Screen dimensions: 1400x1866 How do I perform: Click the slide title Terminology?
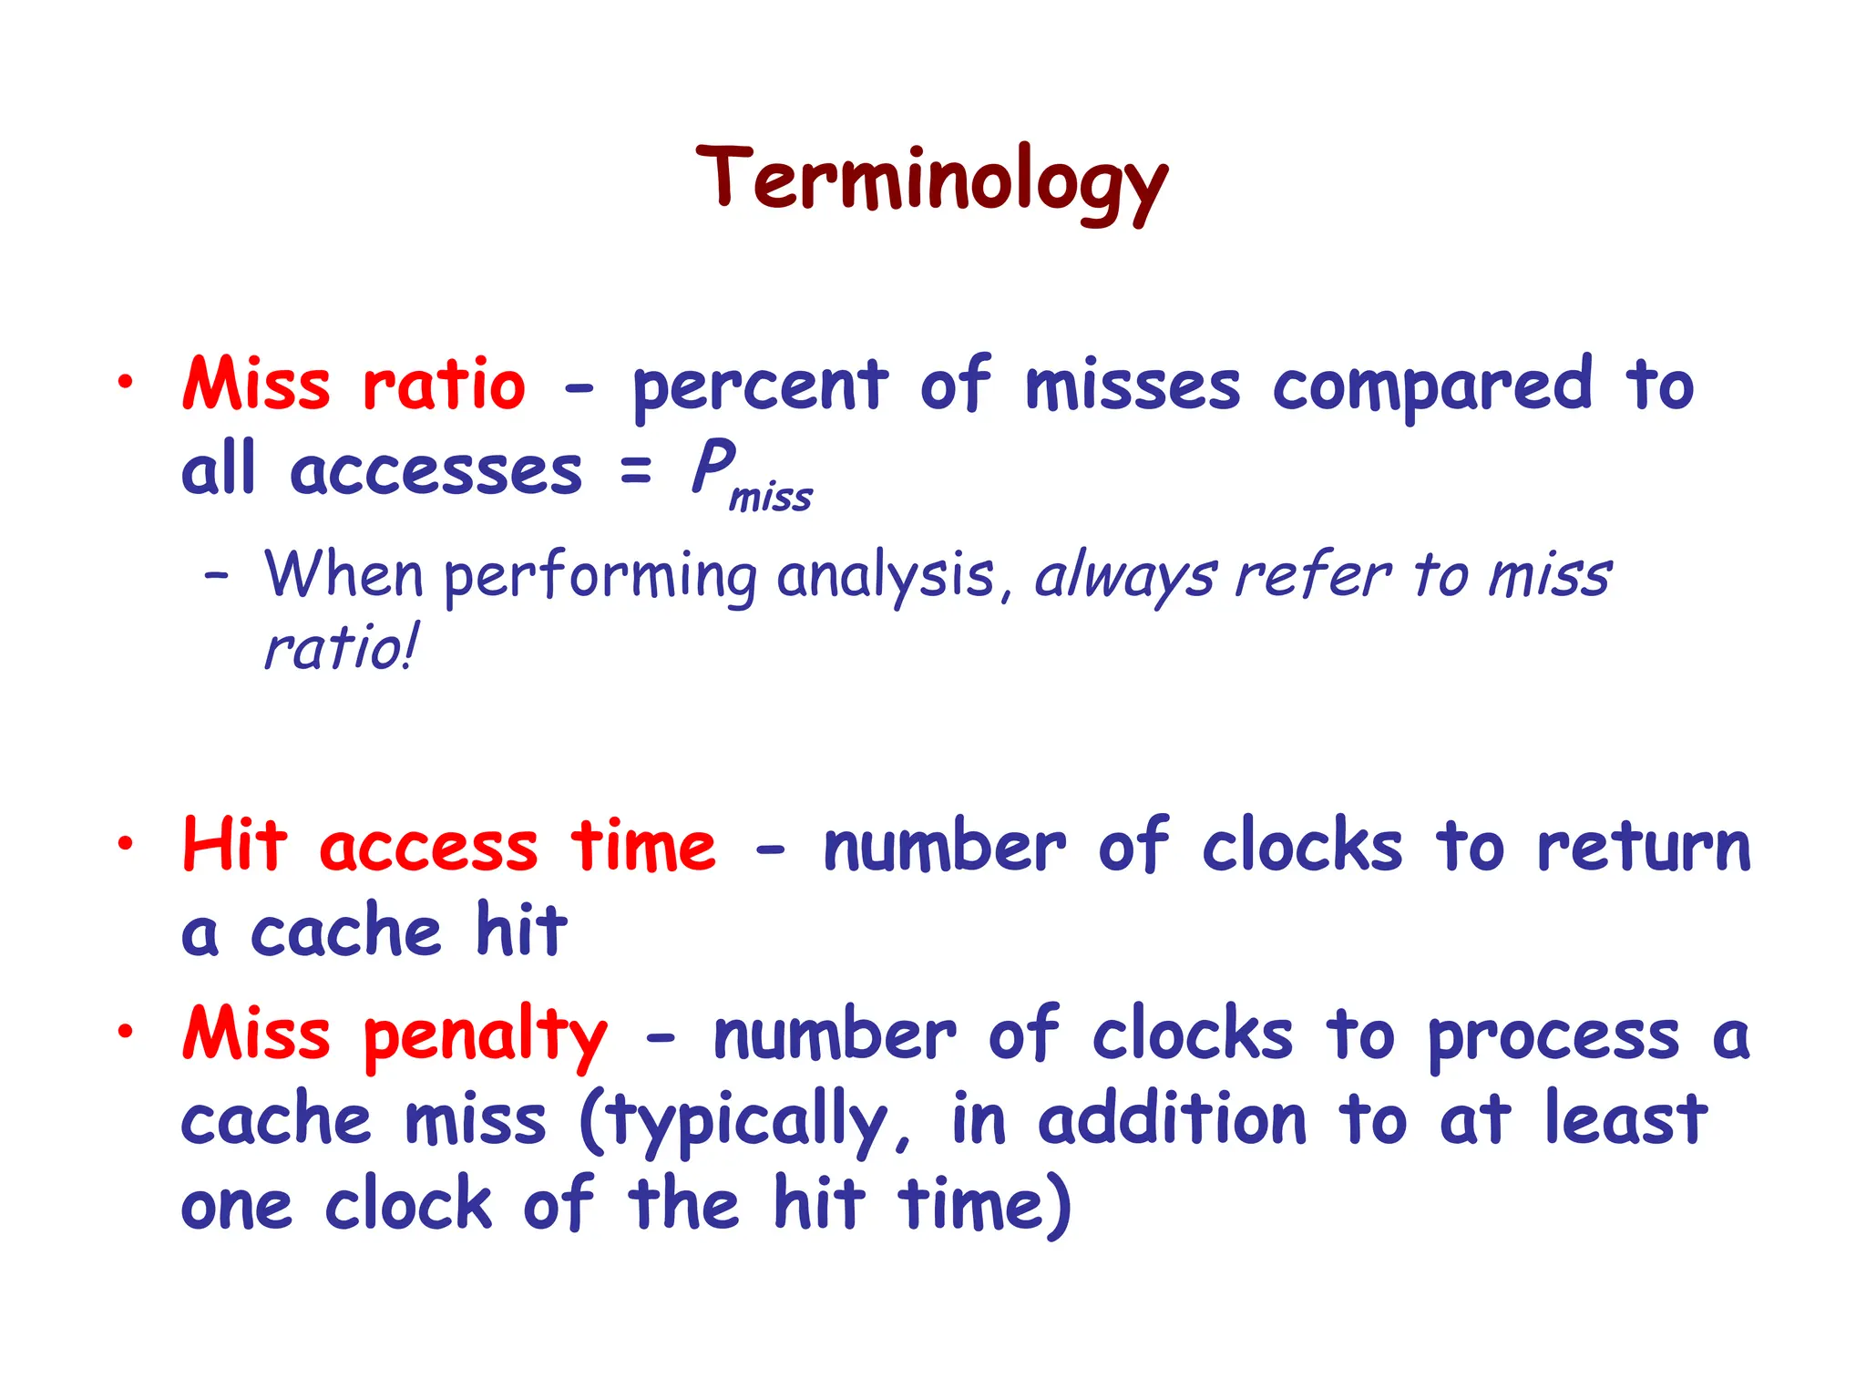tap(931, 181)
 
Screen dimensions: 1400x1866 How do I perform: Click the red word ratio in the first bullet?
tap(444, 386)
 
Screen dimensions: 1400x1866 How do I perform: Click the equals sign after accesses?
tap(636, 471)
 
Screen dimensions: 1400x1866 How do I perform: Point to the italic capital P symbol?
tap(713, 466)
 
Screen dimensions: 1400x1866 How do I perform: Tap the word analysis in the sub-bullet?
tap(886, 577)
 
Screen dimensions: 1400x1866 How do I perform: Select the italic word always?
tap(1126, 577)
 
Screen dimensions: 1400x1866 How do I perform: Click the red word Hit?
tap(235, 845)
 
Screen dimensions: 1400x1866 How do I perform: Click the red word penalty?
tap(485, 1037)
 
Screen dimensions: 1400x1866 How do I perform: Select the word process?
tap(1553, 1037)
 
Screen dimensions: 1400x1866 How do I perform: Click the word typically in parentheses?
tap(747, 1122)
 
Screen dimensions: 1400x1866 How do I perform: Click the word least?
tap(1626, 1120)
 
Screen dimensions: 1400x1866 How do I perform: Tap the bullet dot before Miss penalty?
tap(125, 1032)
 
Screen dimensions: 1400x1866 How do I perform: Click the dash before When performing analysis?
tap(216, 577)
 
